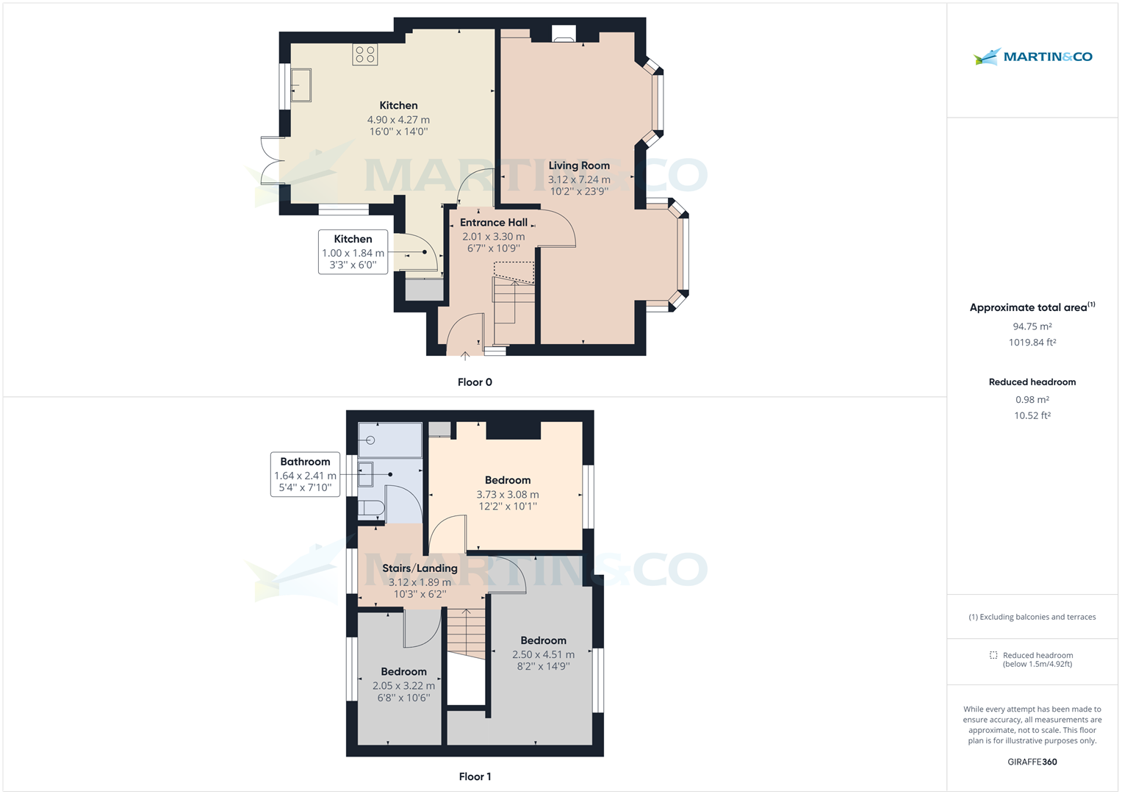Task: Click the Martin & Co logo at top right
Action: (x=1032, y=57)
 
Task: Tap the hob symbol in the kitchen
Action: (x=365, y=54)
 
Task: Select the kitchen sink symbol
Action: (x=301, y=85)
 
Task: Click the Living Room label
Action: (x=579, y=165)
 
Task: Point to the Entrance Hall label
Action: (x=493, y=223)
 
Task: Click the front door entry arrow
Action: (x=465, y=357)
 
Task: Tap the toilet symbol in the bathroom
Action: (x=370, y=508)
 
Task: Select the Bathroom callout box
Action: (x=305, y=474)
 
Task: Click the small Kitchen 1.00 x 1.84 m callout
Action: (x=353, y=252)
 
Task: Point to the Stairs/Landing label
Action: (x=420, y=568)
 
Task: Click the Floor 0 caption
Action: (x=475, y=382)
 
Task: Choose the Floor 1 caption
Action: (x=475, y=776)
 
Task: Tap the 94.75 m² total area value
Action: (x=1032, y=326)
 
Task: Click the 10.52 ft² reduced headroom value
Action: (x=1032, y=415)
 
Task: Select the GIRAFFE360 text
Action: (x=1032, y=762)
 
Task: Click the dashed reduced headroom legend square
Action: (x=993, y=655)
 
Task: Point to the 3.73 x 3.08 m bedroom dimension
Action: (x=507, y=495)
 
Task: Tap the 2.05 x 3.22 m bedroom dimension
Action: (x=403, y=686)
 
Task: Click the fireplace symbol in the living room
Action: (x=564, y=34)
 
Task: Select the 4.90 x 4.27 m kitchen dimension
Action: (x=398, y=120)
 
